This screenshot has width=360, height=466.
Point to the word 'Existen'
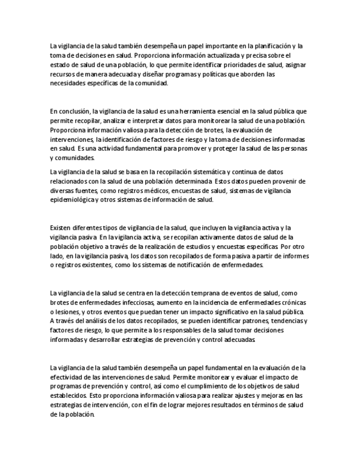click(60, 228)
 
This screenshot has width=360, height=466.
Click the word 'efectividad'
click(68, 377)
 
